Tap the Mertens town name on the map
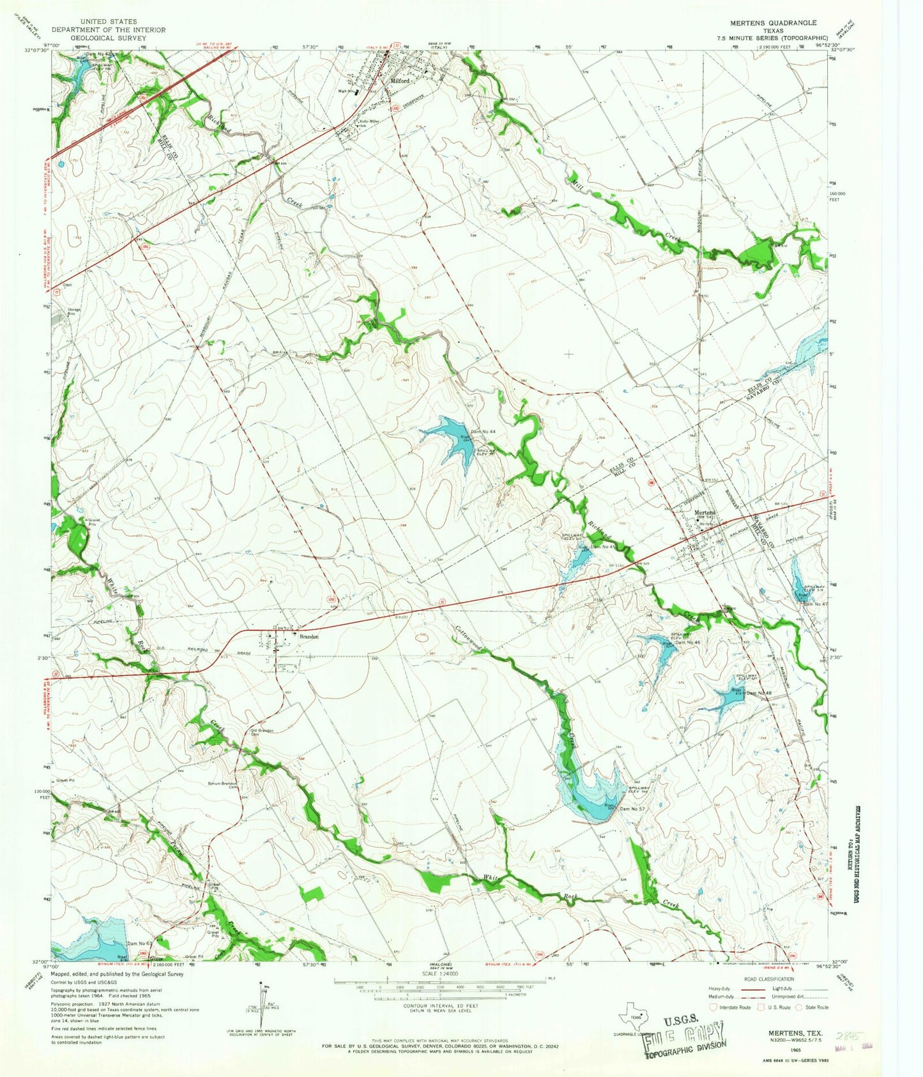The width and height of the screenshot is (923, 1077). (x=705, y=513)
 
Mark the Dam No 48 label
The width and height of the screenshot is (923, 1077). (x=759, y=693)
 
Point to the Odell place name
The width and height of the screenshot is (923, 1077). (x=67, y=285)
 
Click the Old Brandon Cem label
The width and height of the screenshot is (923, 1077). (x=262, y=732)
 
